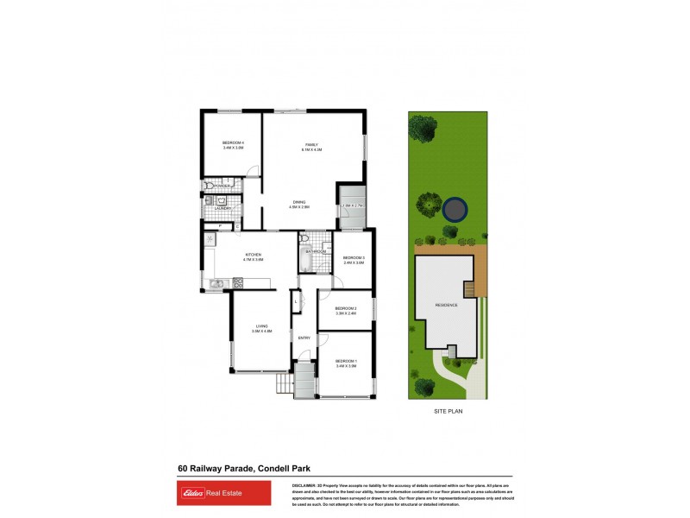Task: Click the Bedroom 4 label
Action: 233,142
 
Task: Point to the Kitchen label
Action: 253,254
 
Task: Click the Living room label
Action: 261,325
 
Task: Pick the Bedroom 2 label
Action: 345,308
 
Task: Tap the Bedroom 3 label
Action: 354,258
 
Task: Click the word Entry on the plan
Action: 304,338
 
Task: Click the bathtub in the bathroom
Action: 304,260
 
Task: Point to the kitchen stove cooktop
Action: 238,282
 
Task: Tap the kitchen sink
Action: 217,282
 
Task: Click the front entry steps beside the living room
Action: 283,382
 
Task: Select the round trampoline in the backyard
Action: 455,208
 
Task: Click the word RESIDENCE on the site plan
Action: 446,305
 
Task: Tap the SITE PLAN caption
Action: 448,412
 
